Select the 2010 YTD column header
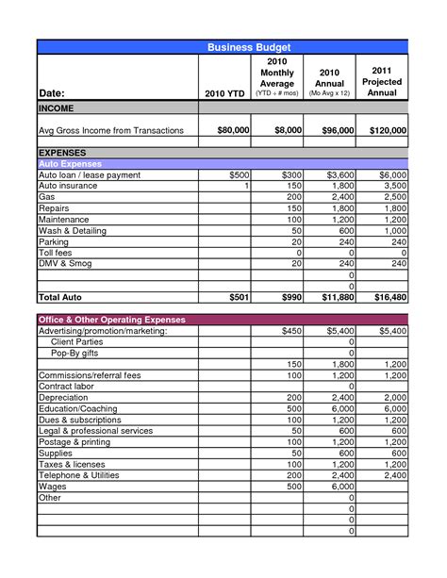(223, 93)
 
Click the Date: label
(55, 93)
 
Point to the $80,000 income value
(232, 129)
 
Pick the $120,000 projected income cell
(389, 129)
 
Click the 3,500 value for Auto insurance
(394, 186)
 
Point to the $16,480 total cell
(389, 297)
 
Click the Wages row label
(53, 487)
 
